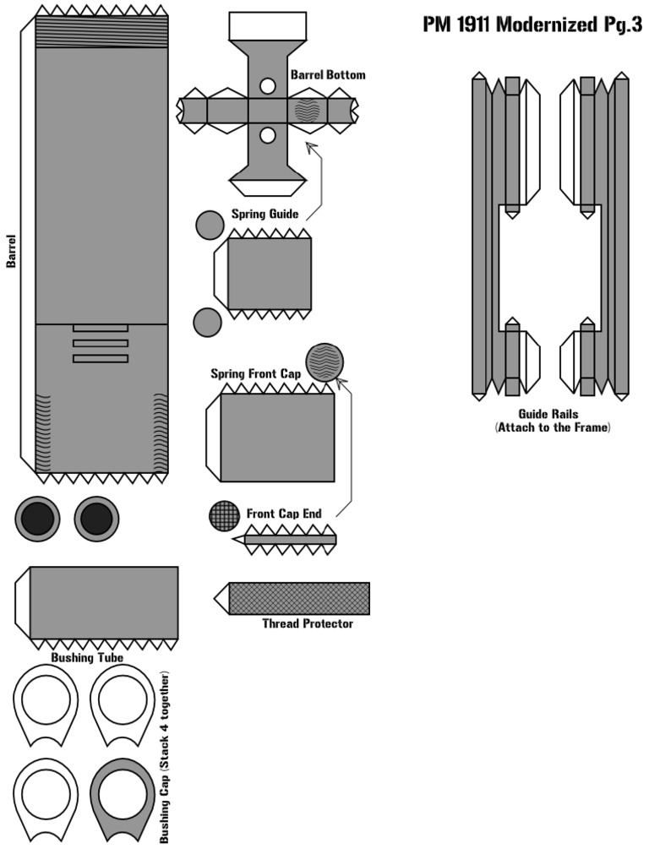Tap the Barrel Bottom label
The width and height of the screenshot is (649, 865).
pos(328,75)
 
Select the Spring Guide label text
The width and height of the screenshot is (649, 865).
pos(265,214)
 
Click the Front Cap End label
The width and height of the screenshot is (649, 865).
pos(283,514)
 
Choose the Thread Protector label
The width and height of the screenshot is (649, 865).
pos(308,624)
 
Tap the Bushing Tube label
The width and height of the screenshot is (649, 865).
pos(87,657)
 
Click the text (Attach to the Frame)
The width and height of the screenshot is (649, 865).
pos(552,428)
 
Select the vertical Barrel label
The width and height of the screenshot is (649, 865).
pos(11,251)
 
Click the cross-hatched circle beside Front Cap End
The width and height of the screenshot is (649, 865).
pos(225,516)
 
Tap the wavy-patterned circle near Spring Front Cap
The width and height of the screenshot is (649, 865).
pos(324,362)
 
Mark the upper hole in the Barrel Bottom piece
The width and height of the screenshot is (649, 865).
pos(268,86)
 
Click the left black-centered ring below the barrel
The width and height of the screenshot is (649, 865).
pos(37,517)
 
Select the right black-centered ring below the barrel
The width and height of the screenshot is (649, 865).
pos(95,517)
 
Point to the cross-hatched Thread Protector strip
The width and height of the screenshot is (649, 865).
pos(299,598)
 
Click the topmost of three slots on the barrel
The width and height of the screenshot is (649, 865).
pos(100,328)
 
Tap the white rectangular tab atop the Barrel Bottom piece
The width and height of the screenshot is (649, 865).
pos(268,26)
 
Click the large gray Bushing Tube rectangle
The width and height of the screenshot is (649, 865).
pos(104,602)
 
